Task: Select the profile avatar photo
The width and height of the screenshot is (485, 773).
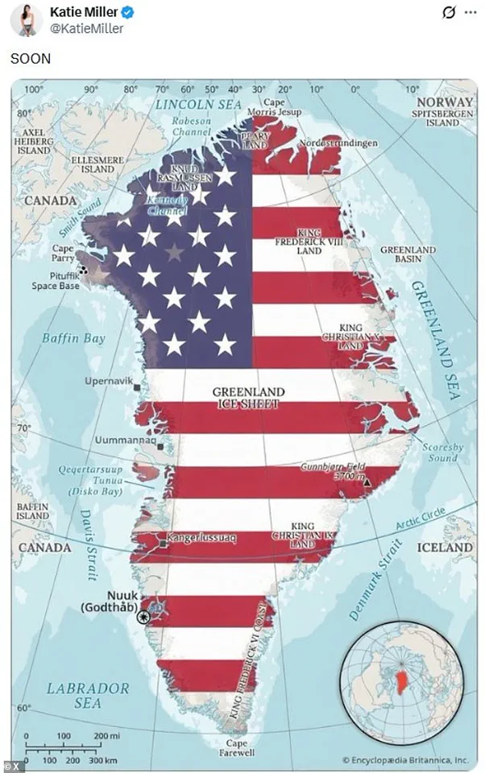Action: click(x=26, y=19)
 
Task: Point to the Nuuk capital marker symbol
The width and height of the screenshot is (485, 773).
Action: click(x=143, y=617)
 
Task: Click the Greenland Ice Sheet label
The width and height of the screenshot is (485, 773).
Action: click(x=248, y=398)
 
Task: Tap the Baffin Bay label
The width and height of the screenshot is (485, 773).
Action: click(x=74, y=338)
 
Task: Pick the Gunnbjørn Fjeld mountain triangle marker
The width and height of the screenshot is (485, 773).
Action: click(x=367, y=482)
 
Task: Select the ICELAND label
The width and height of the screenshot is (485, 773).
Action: click(x=445, y=547)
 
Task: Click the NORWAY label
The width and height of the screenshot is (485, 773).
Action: click(x=445, y=102)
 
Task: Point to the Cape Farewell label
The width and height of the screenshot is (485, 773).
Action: click(x=237, y=747)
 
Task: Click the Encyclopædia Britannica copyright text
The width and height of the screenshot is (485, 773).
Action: click(x=404, y=759)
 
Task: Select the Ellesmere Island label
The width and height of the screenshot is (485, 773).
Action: click(x=97, y=164)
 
